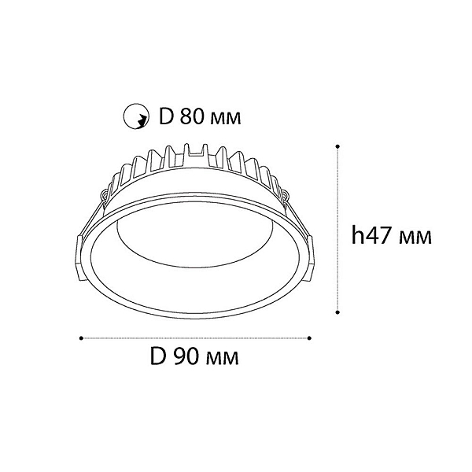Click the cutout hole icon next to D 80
(136, 116)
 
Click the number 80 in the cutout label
(192, 116)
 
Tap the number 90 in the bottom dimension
(185, 356)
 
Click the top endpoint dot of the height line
(337, 146)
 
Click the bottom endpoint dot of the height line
(337, 312)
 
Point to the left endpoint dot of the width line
(81, 338)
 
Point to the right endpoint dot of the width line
(309, 338)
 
